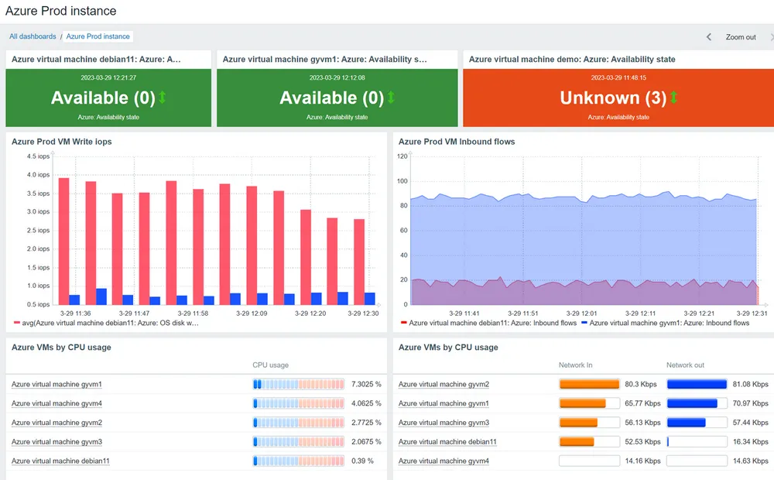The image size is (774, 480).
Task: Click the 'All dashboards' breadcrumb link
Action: [x=33, y=36]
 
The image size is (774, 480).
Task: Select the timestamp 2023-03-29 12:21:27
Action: [x=108, y=77]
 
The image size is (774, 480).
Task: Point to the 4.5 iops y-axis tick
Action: [x=38, y=156]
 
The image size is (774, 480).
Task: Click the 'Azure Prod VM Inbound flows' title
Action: [x=457, y=142]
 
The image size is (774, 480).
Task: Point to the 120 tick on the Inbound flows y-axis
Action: [x=402, y=156]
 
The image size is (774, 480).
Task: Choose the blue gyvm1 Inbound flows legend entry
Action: [x=665, y=323]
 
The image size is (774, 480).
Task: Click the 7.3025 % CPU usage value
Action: [x=367, y=384]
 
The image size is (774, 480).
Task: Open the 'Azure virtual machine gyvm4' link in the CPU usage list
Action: [x=57, y=403]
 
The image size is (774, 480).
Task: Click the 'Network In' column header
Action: [x=577, y=365]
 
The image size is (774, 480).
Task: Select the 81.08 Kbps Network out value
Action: [x=749, y=384]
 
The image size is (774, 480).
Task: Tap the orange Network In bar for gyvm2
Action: [x=589, y=384]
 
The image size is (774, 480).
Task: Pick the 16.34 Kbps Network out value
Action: [x=749, y=441]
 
